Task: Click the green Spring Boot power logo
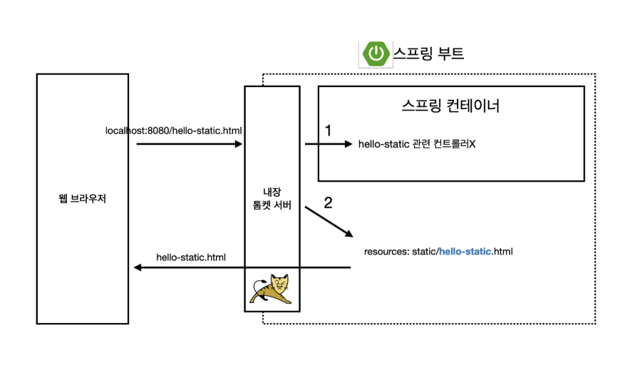click(x=375, y=53)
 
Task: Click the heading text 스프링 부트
click(x=428, y=53)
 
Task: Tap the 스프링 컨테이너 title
click(x=450, y=106)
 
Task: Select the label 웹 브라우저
click(x=82, y=198)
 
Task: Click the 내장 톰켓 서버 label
click(x=272, y=197)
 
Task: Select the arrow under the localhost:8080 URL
click(x=189, y=144)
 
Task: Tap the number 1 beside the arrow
click(x=329, y=130)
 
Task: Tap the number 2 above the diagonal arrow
click(x=328, y=202)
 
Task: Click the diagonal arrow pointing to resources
click(x=329, y=223)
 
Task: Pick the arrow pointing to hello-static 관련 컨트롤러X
click(x=329, y=144)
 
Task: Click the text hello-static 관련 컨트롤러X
click(x=417, y=144)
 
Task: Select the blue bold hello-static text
click(x=465, y=252)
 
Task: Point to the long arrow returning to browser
click(x=242, y=268)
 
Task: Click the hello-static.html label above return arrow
click(x=191, y=257)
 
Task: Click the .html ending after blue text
click(x=502, y=252)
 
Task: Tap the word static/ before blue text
click(x=425, y=252)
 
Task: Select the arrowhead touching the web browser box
click(x=138, y=268)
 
